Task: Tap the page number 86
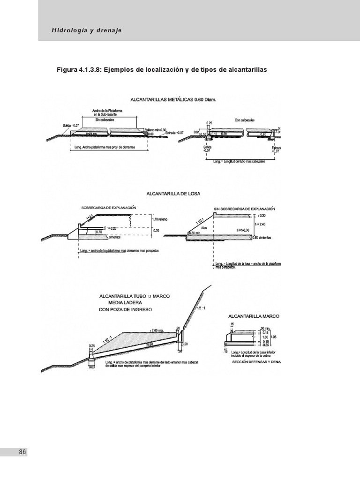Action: pyautogui.click(x=22, y=452)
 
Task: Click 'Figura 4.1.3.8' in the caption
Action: pyautogui.click(x=78, y=70)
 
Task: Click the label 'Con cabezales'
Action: pyautogui.click(x=246, y=120)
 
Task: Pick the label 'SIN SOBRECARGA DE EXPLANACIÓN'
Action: pyautogui.click(x=244, y=208)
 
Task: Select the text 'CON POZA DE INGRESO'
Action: pyautogui.click(x=126, y=310)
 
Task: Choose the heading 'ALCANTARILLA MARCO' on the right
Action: pyautogui.click(x=253, y=316)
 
